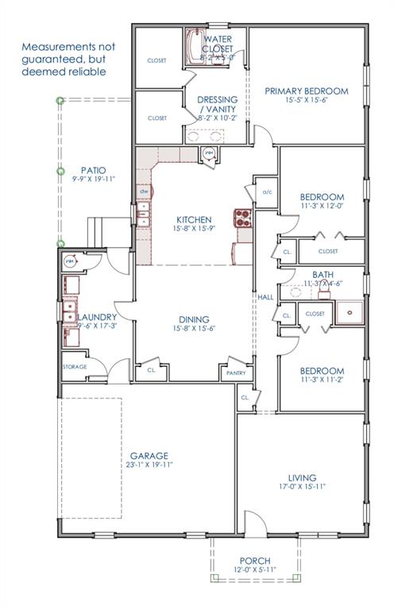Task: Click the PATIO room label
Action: pos(94,170)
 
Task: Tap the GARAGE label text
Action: pos(149,456)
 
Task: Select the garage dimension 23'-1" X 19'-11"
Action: pos(149,465)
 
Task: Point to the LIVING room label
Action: pos(302,477)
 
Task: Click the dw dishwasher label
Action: pos(144,192)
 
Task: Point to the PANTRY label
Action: pos(236,373)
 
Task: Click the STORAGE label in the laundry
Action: pos(75,367)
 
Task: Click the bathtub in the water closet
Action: pos(195,46)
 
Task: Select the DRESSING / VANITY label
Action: pos(217,104)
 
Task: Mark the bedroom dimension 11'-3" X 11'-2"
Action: pos(322,381)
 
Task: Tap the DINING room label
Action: pos(193,319)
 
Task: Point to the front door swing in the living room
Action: pos(256,523)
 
